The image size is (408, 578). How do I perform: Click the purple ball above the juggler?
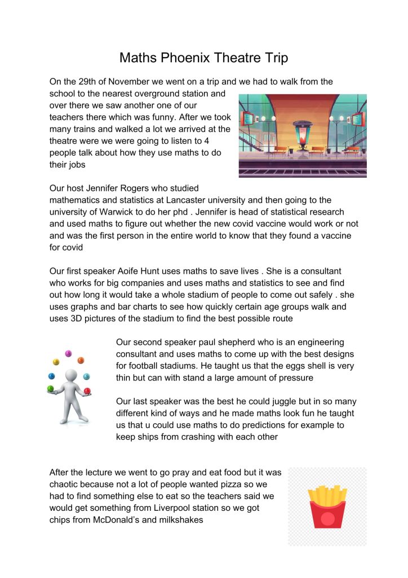(69, 354)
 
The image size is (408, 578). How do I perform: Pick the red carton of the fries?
(327, 515)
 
